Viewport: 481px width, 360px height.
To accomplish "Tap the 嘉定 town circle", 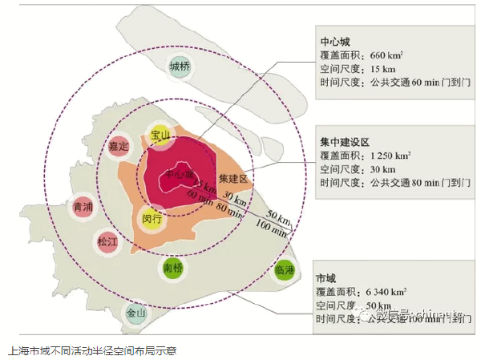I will [119, 146].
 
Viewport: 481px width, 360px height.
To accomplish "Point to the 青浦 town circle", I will [83, 207].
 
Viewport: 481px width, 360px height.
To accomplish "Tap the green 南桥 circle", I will [172, 267].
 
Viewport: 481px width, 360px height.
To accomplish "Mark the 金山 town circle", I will [135, 313].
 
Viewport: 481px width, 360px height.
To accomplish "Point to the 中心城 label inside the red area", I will [178, 174].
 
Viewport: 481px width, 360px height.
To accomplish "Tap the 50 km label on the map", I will [278, 215].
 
